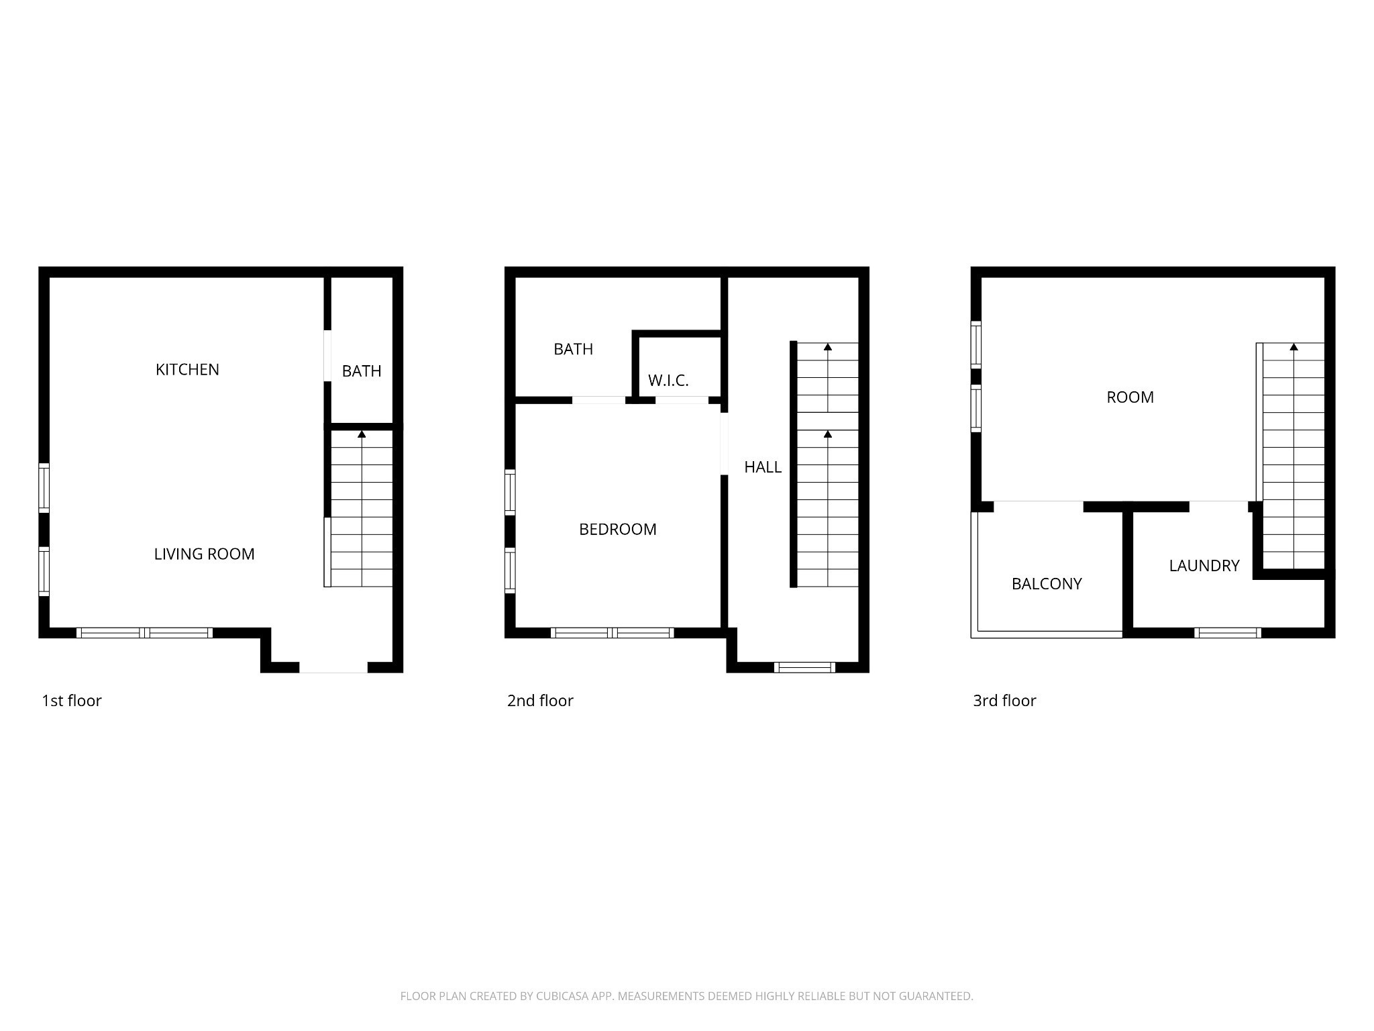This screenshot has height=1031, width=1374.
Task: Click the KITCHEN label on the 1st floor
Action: (x=187, y=369)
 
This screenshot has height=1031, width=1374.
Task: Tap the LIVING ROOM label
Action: (x=204, y=554)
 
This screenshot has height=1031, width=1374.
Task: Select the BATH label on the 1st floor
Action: (x=362, y=371)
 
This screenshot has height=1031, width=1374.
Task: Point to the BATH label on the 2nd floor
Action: (x=573, y=349)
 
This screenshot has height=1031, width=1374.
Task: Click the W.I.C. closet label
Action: (x=668, y=381)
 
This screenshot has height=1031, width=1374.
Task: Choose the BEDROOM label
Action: (x=617, y=529)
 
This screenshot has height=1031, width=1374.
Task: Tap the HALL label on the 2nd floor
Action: (x=763, y=467)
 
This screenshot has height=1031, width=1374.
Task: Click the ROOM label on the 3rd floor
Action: (x=1130, y=397)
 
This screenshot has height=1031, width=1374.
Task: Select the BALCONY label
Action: (x=1047, y=584)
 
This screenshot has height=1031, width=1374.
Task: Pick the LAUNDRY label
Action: (x=1204, y=566)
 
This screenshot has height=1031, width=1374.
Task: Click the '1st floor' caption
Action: (x=72, y=701)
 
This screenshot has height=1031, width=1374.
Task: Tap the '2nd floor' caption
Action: (x=540, y=701)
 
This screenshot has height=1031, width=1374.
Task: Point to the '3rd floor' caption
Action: (x=1004, y=701)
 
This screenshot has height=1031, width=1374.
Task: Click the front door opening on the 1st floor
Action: (x=333, y=667)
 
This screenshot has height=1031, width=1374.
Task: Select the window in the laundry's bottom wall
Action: (x=1228, y=632)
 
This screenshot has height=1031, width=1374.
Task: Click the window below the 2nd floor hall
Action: (x=804, y=667)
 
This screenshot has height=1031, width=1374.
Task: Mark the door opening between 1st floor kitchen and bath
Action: (x=327, y=356)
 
